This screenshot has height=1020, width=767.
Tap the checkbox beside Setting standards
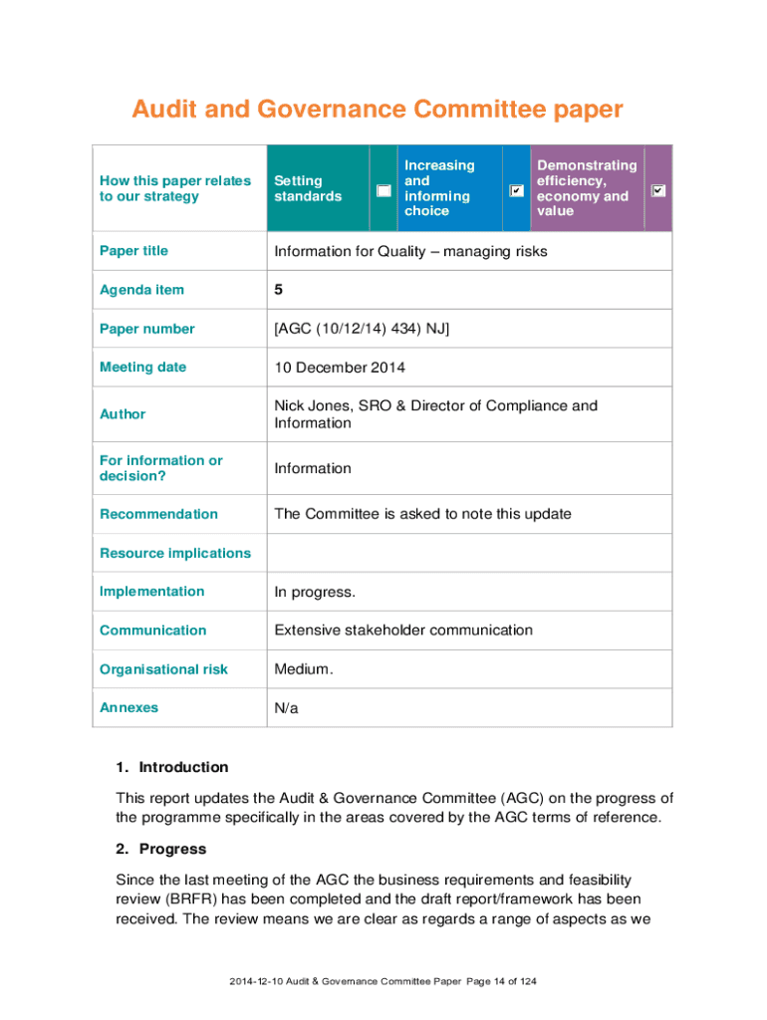coord(383,189)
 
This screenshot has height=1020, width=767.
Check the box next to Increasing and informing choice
coord(516,189)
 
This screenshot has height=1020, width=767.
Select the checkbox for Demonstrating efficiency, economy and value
coord(658,189)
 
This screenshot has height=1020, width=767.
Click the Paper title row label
coord(133,251)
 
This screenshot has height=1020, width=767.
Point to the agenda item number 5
coord(279,290)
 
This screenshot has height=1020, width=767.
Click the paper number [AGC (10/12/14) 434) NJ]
coord(362,329)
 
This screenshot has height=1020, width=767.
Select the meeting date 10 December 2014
coord(340,368)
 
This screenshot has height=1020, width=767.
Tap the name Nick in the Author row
coord(291,406)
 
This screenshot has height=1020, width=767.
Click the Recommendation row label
coord(158,514)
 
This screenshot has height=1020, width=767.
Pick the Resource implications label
coord(175,553)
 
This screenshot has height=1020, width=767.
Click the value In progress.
coord(315,593)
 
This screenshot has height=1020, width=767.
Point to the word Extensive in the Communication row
coord(313,631)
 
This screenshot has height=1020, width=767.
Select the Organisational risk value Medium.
coord(304,669)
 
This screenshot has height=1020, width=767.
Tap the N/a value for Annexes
coord(286,708)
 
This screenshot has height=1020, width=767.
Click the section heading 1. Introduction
coord(171,767)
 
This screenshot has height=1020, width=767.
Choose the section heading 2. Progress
coord(160,849)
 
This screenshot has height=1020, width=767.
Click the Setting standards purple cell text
coord(308,188)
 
